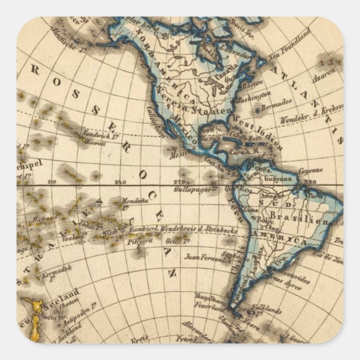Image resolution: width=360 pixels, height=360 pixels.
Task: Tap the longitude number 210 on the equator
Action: tap(52, 181)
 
